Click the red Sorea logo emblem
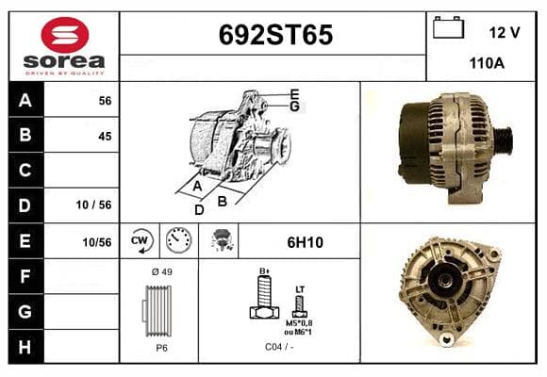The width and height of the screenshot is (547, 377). coord(65,35)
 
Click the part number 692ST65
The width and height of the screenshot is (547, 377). coord(275,35)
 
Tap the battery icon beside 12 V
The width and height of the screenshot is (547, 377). coord(448,27)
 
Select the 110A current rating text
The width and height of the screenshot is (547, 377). coord(487,63)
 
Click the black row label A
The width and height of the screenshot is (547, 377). coord(25,101)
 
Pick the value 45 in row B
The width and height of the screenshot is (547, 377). coord(105,136)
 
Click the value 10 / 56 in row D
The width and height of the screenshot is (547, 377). coord(93,205)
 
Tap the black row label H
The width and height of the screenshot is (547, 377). coord(25,347)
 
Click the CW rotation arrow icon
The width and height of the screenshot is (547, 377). coord(141,241)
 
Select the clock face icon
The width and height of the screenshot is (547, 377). coord(178,240)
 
